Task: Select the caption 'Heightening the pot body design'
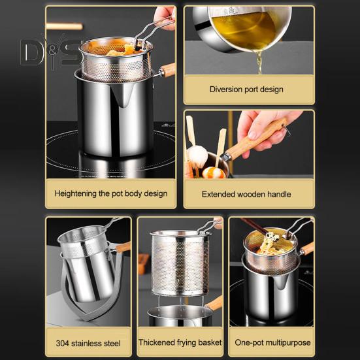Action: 111,193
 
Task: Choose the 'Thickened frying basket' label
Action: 180,342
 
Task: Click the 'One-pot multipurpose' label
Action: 272,342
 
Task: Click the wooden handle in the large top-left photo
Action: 166,71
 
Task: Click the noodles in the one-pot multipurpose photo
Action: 270,244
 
